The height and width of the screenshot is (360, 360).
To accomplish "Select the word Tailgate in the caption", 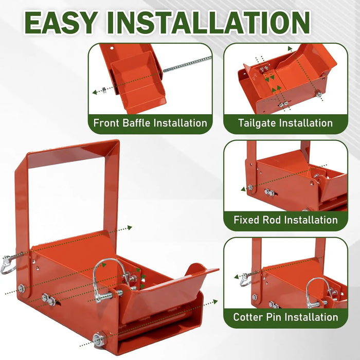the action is (256, 123).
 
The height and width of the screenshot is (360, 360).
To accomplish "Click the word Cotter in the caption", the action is (248, 317).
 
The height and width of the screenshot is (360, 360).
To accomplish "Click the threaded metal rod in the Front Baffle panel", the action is (187, 64).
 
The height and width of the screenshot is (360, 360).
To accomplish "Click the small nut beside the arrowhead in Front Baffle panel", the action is (104, 90).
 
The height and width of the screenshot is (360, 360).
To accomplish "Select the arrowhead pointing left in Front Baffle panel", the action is (95, 92).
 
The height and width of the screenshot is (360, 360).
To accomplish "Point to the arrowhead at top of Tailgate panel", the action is (290, 48).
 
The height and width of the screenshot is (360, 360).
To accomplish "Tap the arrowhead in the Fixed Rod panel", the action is (243, 189).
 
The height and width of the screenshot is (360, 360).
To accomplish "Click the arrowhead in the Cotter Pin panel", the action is (237, 277).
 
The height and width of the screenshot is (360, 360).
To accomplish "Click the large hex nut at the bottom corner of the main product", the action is (99, 339).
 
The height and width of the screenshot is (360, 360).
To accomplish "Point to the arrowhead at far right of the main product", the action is (215, 302).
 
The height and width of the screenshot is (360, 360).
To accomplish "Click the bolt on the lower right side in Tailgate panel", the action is (318, 94).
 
